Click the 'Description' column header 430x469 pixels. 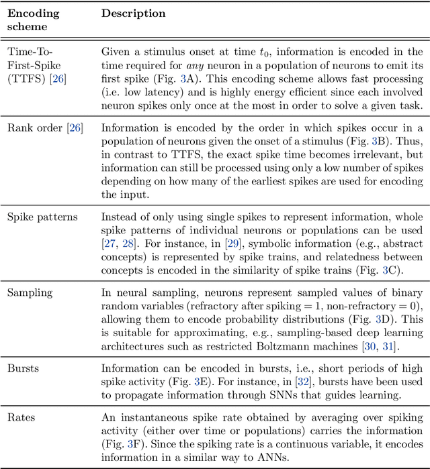tap(133, 13)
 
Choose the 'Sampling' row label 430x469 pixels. tap(28, 293)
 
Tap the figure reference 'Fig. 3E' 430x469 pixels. tap(187, 381)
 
